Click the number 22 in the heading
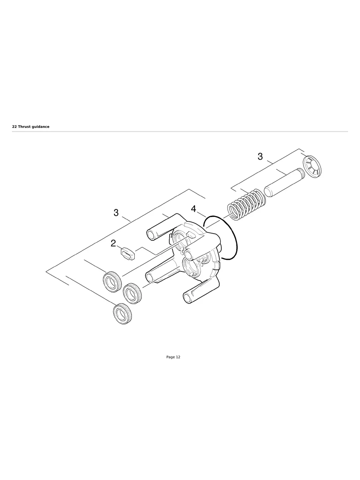click(14, 127)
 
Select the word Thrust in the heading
click(25, 127)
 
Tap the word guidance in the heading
click(42, 127)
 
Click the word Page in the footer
click(170, 357)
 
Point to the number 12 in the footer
click(178, 357)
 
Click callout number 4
click(194, 209)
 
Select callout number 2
click(113, 244)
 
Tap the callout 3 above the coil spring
click(260, 157)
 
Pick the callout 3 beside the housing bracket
click(116, 213)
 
